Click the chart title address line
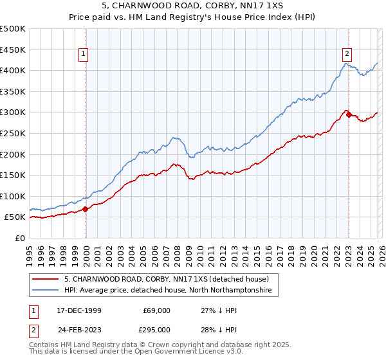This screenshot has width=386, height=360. point(192,7)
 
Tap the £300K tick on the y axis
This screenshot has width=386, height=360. point(13,113)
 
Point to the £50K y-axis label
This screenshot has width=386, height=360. point(15,217)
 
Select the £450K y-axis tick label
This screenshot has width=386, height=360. point(13,50)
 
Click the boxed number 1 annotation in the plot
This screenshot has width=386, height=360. point(85,54)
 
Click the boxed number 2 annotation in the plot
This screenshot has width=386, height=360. point(347,54)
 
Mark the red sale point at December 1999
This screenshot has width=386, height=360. point(86,209)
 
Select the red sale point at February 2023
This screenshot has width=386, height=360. point(349,114)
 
